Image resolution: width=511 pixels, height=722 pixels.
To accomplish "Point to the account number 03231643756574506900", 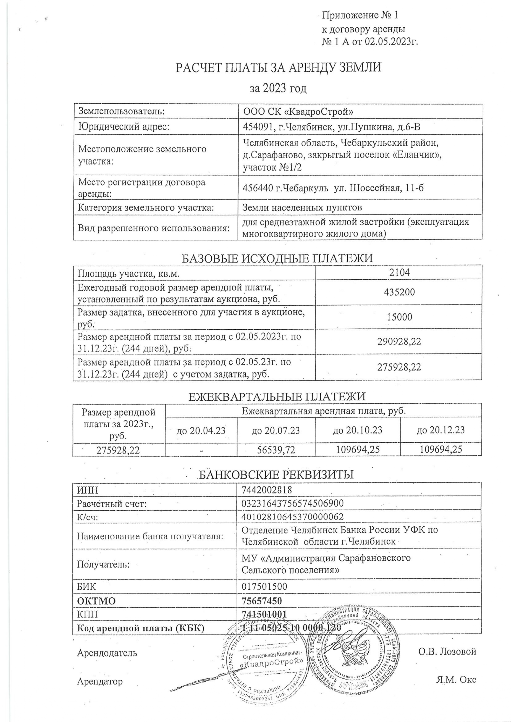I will (292, 503).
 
